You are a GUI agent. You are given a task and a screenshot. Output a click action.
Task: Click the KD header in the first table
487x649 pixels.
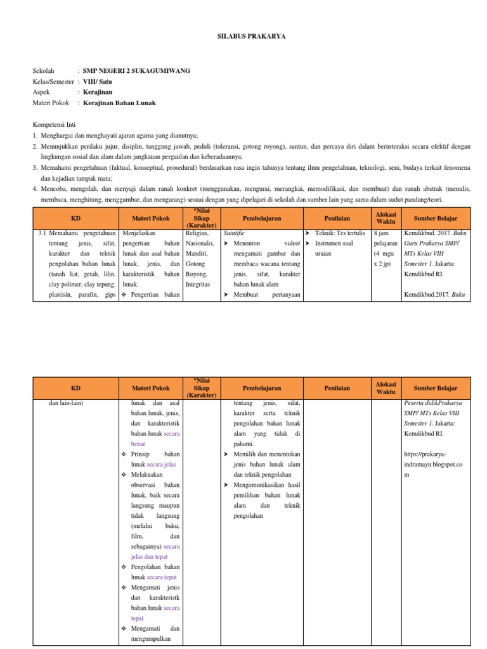(75, 217)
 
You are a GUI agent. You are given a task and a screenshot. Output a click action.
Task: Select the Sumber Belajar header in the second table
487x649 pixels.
(434, 388)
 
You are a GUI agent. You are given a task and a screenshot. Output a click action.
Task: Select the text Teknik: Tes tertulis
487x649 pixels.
(340, 233)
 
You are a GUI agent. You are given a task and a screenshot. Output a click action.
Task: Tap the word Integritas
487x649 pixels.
(200, 285)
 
